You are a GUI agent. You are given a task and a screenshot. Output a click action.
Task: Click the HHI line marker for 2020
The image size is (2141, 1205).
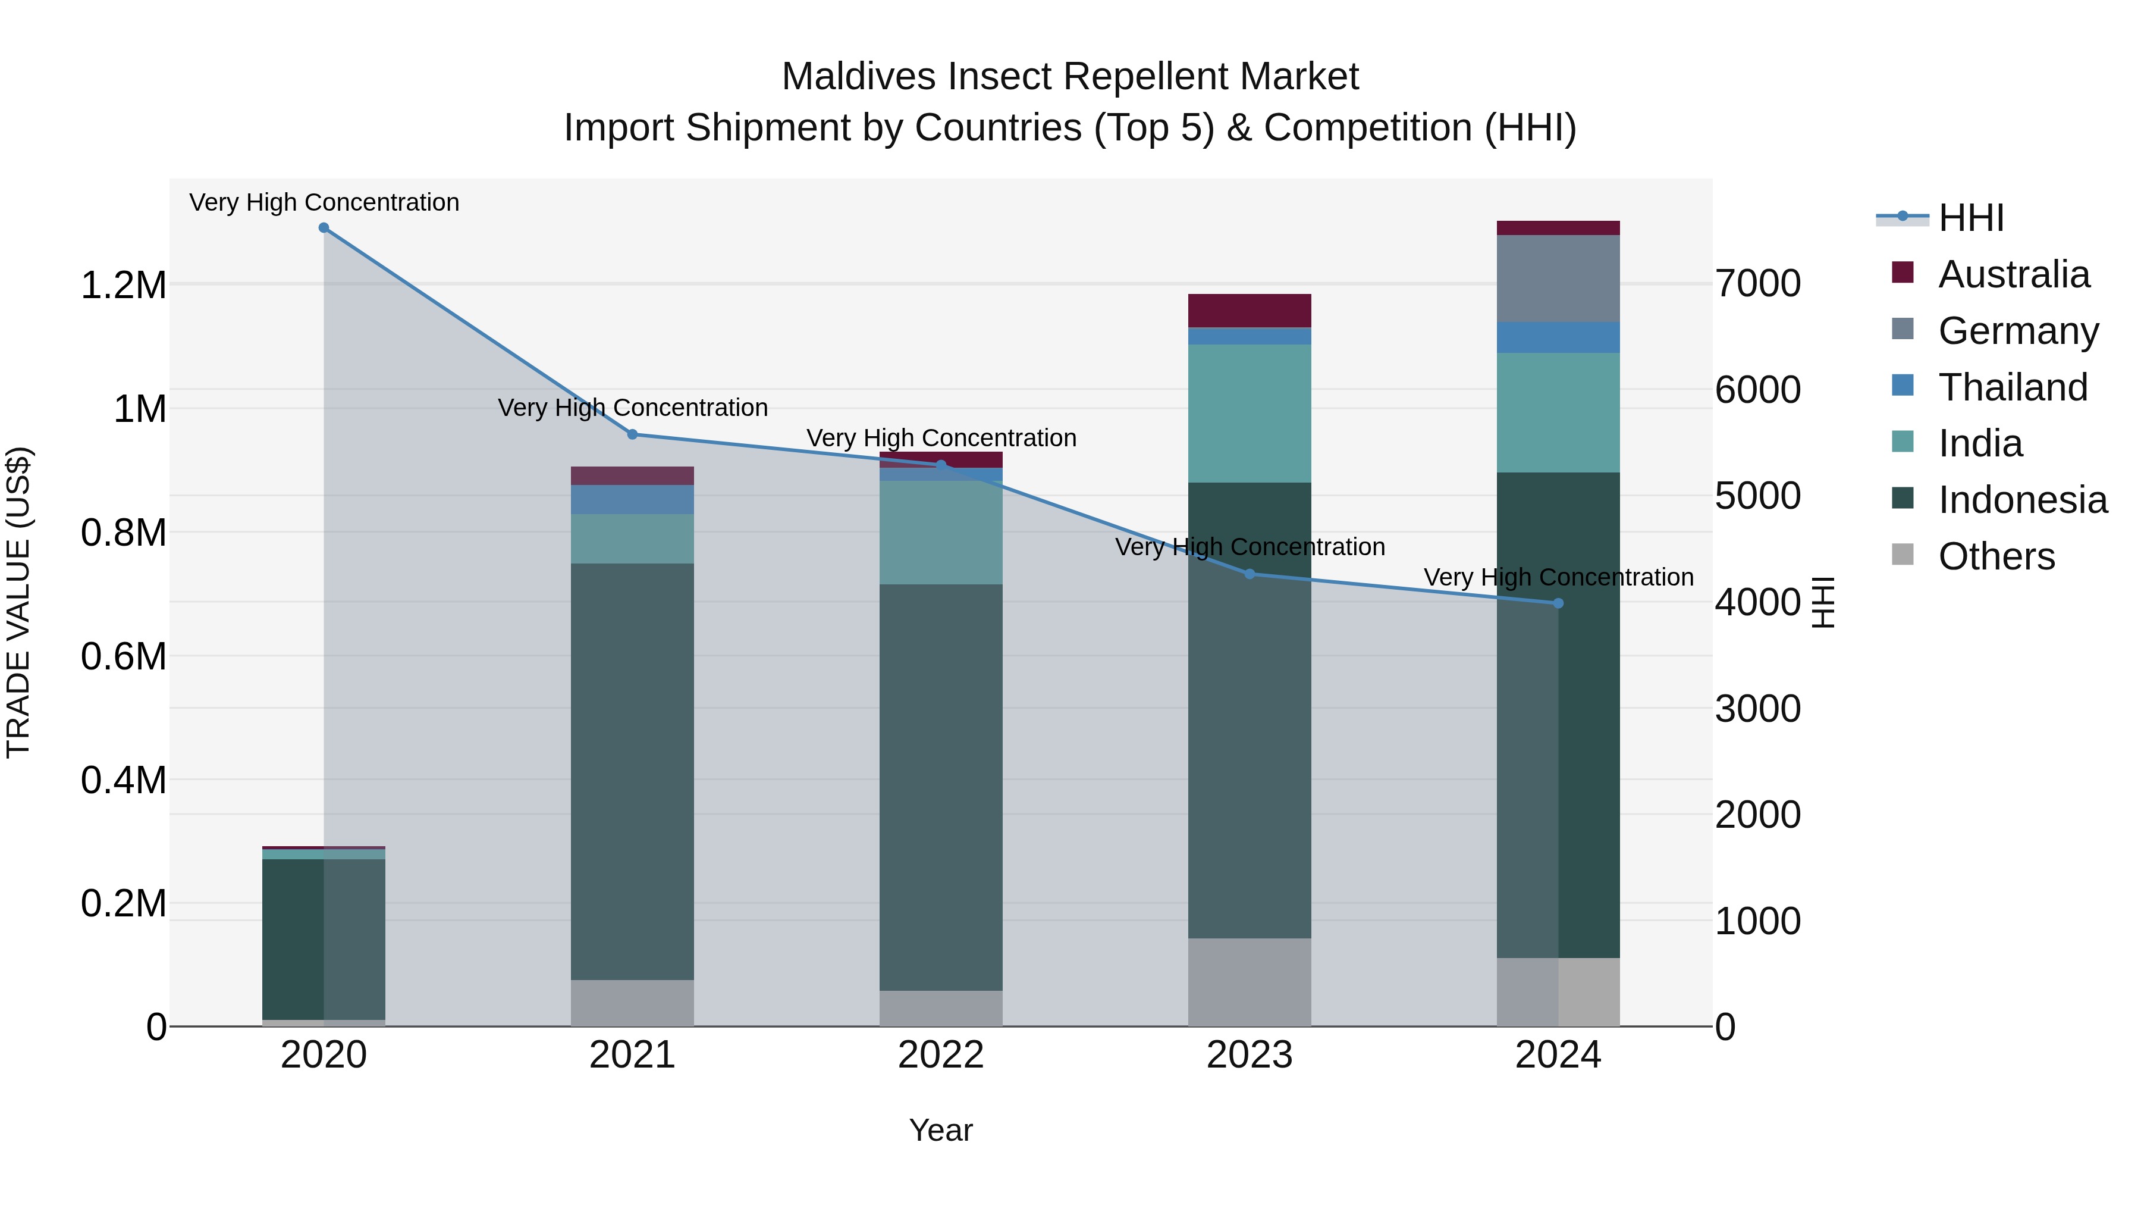pyautogui.click(x=324, y=228)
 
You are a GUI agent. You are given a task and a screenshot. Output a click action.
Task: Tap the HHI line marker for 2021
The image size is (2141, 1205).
pyautogui.click(x=633, y=434)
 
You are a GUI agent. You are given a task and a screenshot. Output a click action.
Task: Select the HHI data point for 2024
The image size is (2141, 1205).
pyautogui.click(x=1558, y=603)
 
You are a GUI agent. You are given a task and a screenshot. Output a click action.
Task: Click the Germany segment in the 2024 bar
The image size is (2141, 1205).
pyautogui.click(x=1558, y=278)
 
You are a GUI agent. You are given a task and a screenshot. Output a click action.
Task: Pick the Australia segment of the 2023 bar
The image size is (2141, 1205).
pyautogui.click(x=1249, y=310)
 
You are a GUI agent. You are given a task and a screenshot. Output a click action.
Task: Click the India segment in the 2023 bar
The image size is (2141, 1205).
pyautogui.click(x=1249, y=414)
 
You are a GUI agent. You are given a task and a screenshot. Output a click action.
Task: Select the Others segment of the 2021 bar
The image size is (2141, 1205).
pyautogui.click(x=633, y=1002)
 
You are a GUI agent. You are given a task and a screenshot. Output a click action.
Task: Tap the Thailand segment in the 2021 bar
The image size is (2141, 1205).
pyautogui.click(x=633, y=499)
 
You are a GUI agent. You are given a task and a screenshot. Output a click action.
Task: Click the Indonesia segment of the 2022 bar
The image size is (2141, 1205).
pyautogui.click(x=941, y=786)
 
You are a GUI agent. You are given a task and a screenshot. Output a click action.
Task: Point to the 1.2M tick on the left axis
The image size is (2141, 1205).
pyautogui.click(x=123, y=285)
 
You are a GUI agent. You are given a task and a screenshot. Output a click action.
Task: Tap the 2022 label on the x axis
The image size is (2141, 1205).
pyautogui.click(x=941, y=1055)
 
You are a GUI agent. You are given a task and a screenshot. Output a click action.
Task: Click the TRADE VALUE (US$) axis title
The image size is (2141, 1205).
pyautogui.click(x=18, y=602)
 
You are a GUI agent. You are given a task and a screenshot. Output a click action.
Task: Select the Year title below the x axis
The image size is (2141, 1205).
pyautogui.click(x=941, y=1130)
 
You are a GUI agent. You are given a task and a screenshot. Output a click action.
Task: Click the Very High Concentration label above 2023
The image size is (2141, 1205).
pyautogui.click(x=1249, y=547)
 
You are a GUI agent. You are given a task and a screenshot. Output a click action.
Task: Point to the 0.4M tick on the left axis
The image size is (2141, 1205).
pyautogui.click(x=123, y=780)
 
